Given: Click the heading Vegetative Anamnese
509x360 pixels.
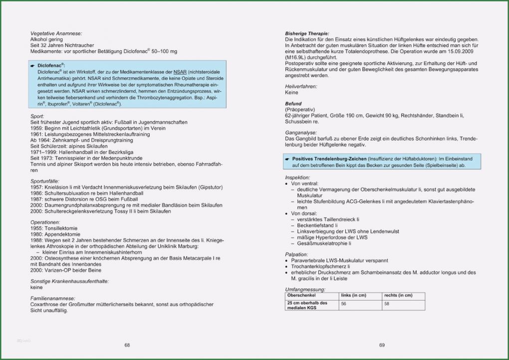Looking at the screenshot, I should (x=56, y=33).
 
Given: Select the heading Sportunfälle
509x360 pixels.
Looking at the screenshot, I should (x=45, y=181).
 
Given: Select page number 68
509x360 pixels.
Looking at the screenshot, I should (x=127, y=345).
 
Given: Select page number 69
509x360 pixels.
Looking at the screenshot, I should (x=382, y=345).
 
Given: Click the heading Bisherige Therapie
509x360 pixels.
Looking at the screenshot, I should (x=307, y=33).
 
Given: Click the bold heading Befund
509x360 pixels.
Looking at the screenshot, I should (x=293, y=103).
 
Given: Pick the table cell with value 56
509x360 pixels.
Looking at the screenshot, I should (x=344, y=304).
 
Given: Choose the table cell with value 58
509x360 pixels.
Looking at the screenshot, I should (x=387, y=304).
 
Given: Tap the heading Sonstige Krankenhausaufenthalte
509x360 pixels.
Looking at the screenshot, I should (x=69, y=281).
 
